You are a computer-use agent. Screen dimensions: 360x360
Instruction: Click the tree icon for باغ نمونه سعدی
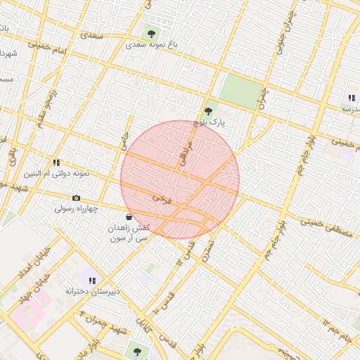click(150, 32)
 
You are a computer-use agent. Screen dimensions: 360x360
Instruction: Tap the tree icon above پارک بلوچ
click(208, 110)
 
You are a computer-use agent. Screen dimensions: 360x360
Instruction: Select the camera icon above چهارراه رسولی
click(76, 198)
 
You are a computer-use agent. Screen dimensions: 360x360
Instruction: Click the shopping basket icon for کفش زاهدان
click(129, 217)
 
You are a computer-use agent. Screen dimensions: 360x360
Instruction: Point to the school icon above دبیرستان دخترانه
click(92, 281)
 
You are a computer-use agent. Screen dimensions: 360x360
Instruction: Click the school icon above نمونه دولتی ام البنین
click(56, 162)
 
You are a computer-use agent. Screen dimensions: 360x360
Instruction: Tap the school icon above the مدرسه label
click(351, 98)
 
